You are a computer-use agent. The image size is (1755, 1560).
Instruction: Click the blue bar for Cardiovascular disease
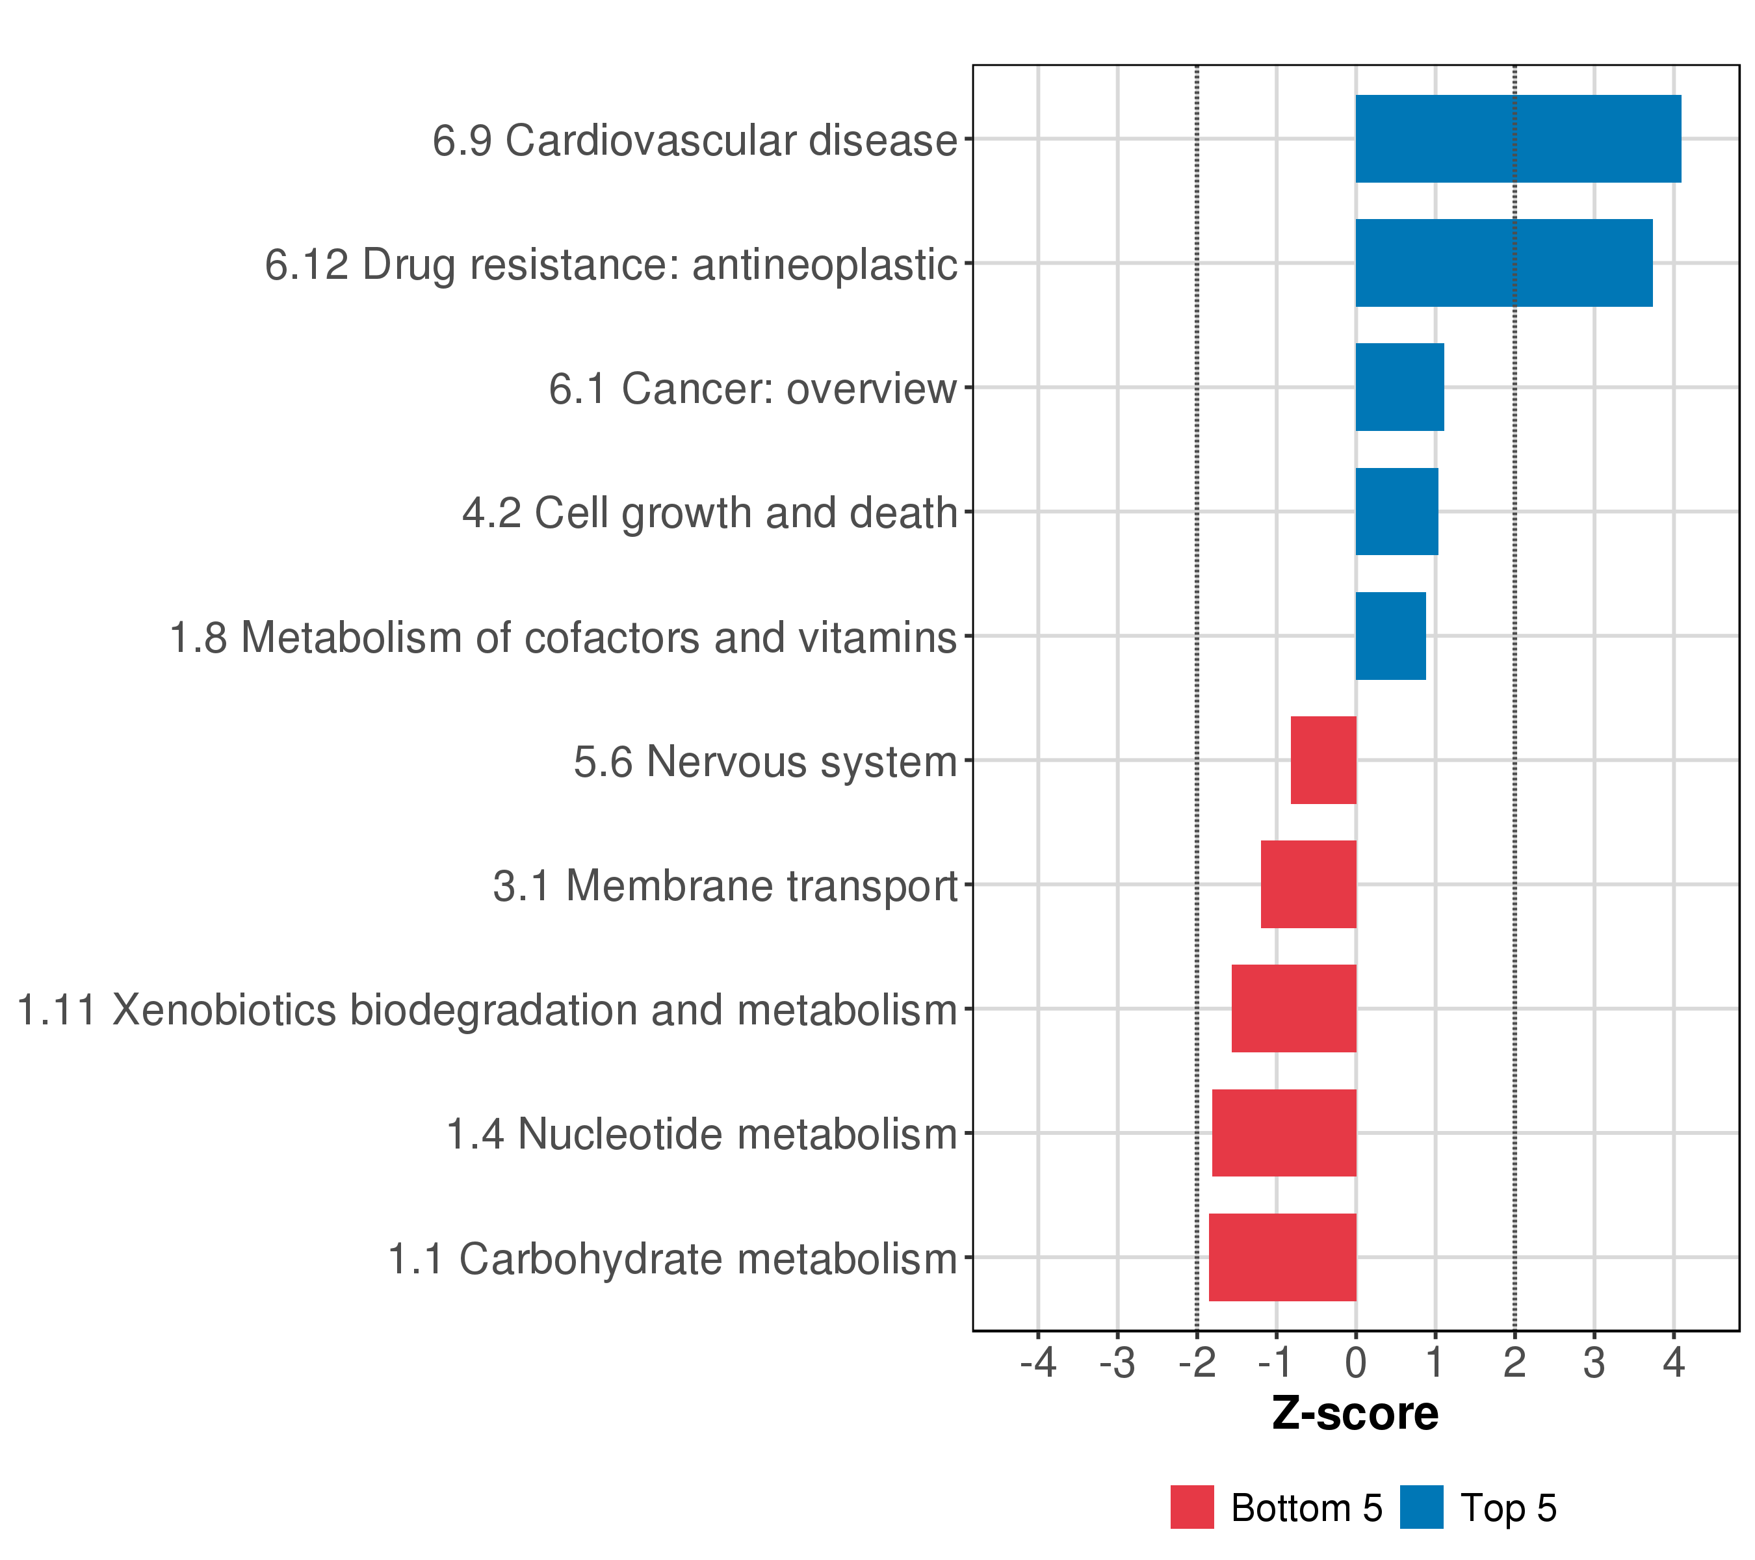(1517, 138)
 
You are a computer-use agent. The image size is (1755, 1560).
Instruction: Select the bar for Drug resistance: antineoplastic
(1503, 263)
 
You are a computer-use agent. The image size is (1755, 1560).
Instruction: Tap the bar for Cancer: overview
(1399, 387)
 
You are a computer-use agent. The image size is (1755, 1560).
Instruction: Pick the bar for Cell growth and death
(1396, 512)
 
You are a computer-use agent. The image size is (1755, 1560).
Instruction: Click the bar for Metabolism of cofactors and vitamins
(1390, 636)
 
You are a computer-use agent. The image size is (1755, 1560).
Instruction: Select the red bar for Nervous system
(1323, 760)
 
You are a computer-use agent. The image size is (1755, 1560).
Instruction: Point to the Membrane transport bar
(1308, 884)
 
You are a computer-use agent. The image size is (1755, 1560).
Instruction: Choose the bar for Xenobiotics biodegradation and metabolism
(1294, 1009)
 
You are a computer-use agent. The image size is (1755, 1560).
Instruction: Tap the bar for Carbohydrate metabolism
(1282, 1257)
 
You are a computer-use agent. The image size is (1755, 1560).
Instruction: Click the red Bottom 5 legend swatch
(1191, 1507)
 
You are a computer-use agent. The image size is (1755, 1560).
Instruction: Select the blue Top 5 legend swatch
(1421, 1507)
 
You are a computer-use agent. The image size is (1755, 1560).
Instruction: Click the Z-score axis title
(1355, 1414)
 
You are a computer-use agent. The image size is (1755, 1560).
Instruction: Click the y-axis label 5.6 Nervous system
(764, 762)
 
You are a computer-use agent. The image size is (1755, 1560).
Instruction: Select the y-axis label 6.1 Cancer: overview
(752, 389)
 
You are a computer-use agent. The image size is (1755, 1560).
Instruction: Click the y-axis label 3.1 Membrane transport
(725, 886)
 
